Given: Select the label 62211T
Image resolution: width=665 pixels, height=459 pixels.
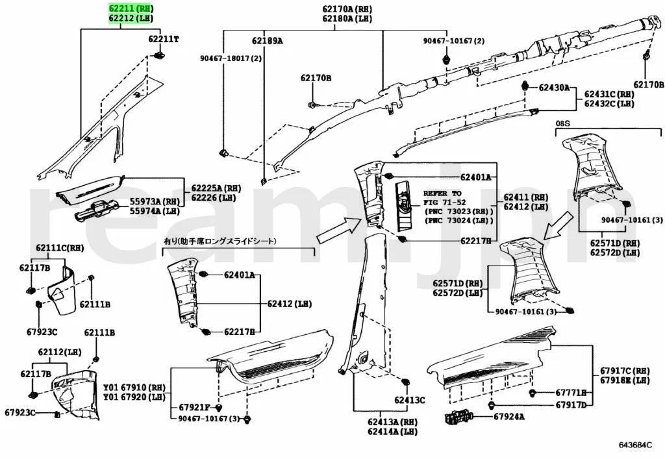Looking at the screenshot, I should pyautogui.click(x=163, y=39).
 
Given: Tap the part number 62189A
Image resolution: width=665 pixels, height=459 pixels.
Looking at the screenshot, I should pyautogui.click(x=268, y=40).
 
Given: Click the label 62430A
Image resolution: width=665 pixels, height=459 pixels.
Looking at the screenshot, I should pyautogui.click(x=554, y=87).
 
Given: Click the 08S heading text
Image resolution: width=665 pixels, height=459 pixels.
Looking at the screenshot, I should pyautogui.click(x=562, y=122).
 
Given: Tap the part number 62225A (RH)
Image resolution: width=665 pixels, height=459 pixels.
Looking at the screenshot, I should pyautogui.click(x=213, y=188).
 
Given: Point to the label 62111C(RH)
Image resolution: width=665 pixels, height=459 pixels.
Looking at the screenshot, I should pyautogui.click(x=60, y=247).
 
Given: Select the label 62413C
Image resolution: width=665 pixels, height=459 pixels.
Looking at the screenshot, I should pyautogui.click(x=409, y=400).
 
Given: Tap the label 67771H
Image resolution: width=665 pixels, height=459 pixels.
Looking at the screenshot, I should pyautogui.click(x=571, y=393).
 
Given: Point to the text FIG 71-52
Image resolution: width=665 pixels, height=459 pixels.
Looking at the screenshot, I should pyautogui.click(x=449, y=203).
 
